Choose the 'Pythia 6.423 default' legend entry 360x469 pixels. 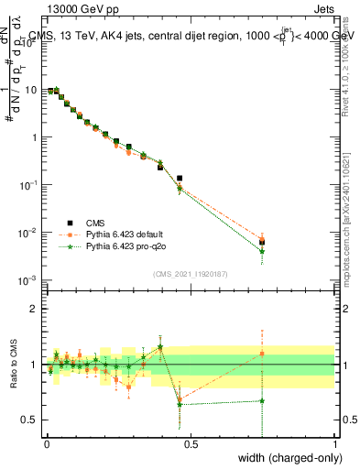(127, 234)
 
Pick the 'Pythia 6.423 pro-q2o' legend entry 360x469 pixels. (127, 246)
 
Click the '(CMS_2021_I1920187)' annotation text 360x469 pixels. (191, 274)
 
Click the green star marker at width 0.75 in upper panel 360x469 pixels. (262, 251)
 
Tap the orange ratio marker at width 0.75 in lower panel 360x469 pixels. (262, 354)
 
